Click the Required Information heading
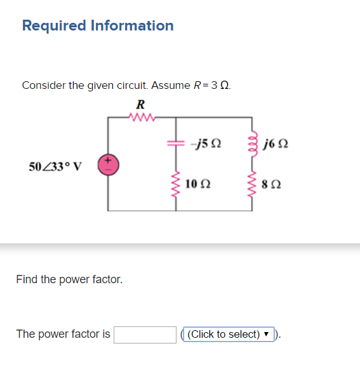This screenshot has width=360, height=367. (x=97, y=26)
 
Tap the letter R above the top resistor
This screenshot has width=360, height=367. (x=140, y=104)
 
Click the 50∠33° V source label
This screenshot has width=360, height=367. (x=56, y=167)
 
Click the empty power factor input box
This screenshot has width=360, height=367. (x=145, y=334)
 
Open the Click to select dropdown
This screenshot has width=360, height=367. (x=229, y=334)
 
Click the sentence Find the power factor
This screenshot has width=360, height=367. (x=69, y=279)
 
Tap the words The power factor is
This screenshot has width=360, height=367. (x=63, y=334)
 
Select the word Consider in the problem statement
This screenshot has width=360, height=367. (x=43, y=86)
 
